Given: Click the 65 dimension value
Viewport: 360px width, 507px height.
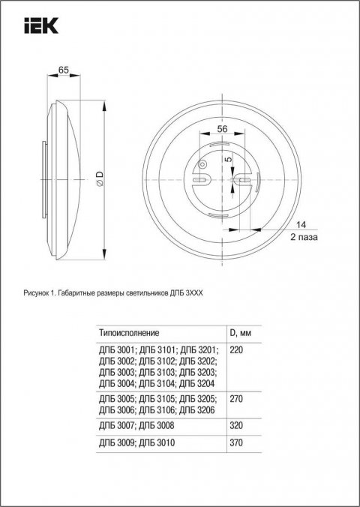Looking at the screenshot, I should click(x=64, y=70).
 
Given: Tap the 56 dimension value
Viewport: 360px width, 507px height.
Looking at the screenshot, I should click(x=222, y=128).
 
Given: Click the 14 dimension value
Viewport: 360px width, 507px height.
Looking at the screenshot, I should click(x=301, y=224).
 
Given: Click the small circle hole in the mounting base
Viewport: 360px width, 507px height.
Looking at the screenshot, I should click(x=200, y=165).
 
